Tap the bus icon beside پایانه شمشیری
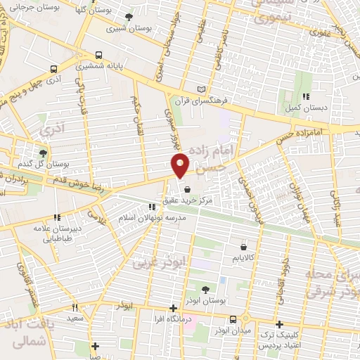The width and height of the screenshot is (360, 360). pos(98,54)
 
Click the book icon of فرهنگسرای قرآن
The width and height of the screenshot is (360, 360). pos(204,89)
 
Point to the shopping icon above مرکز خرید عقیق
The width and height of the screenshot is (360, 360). pos(187,188)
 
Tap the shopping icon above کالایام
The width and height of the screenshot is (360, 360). pos(243,247)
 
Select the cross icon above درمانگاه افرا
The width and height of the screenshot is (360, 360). pos(174,308)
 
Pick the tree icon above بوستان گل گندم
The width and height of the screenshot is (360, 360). pos(43,153)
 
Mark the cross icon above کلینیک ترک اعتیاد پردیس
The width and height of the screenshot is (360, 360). pos(280,324)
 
